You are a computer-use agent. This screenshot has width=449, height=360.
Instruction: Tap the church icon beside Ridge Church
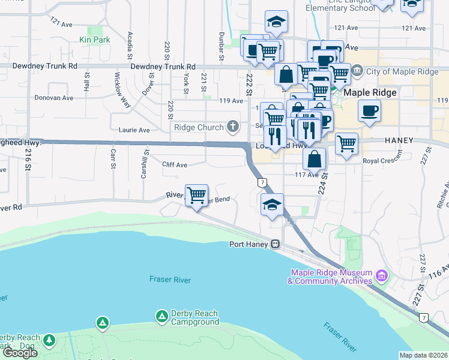tap(232, 127)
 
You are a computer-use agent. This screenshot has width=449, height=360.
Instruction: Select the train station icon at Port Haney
tap(275, 244)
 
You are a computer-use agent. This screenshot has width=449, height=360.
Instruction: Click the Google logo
tap(20, 353)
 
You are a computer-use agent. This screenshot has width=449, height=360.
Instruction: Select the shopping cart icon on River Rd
tap(196, 195)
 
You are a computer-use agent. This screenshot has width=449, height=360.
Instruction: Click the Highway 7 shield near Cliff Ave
tap(262, 181)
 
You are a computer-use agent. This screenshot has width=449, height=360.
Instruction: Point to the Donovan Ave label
tap(53, 97)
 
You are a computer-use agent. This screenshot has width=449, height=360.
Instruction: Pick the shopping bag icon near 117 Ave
tap(314, 159)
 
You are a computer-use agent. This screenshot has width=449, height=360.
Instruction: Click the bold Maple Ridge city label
tap(370, 93)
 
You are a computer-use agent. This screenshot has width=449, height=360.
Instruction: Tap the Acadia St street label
tap(129, 46)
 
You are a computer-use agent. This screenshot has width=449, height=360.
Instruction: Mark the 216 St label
tap(28, 161)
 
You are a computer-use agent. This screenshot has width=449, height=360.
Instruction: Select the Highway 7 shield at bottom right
tap(424, 317)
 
